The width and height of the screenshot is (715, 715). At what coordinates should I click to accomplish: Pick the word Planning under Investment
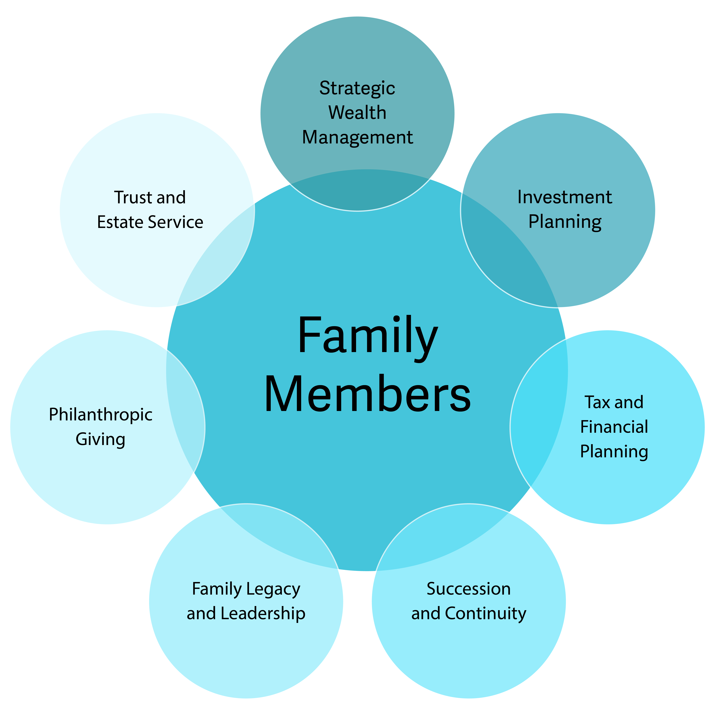coord(564,222)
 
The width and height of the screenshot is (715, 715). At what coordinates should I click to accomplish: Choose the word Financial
coord(614,427)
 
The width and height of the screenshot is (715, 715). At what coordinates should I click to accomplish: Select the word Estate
coord(120,222)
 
